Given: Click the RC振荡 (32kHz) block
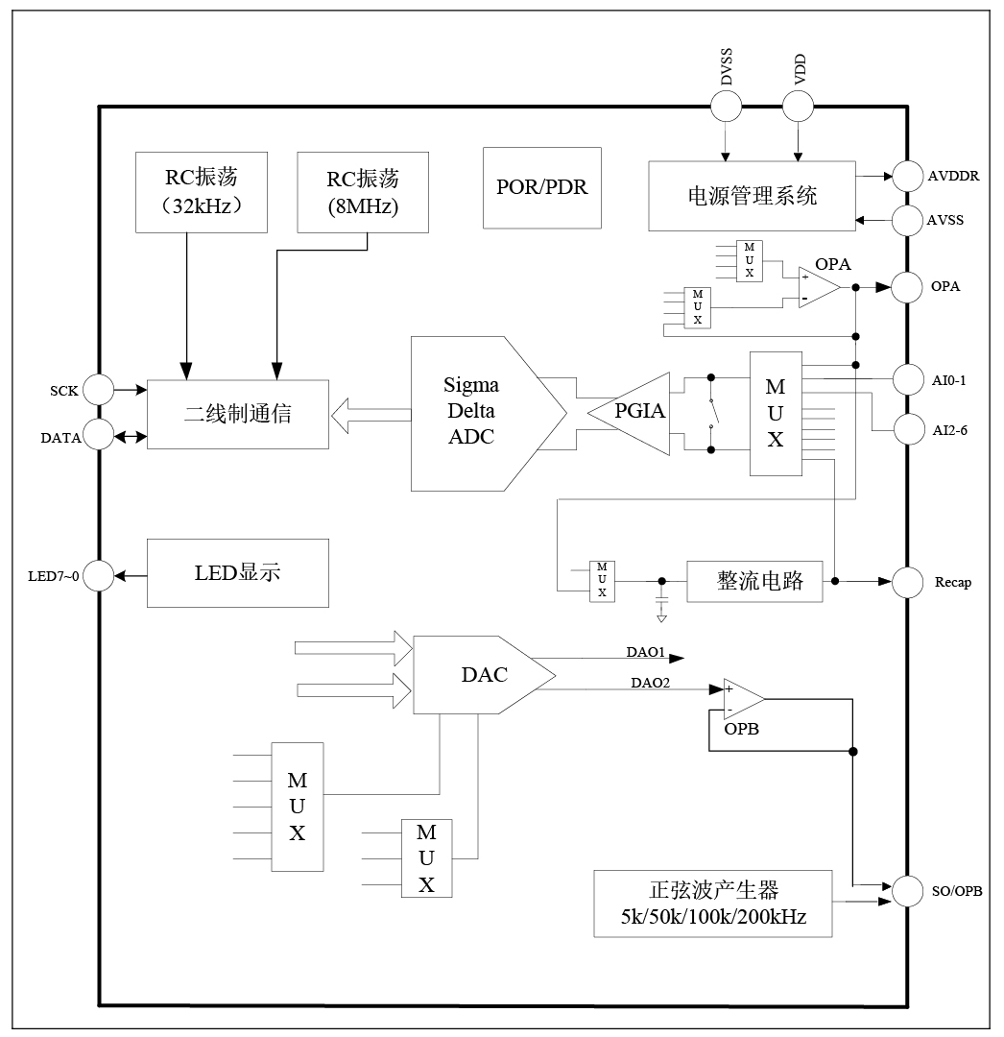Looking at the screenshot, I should [x=202, y=191].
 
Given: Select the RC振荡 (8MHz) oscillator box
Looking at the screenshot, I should [x=363, y=191].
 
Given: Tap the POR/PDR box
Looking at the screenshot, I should [x=541, y=187].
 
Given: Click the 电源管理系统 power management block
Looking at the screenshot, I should [x=752, y=196].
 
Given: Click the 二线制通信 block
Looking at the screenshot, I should [x=237, y=414].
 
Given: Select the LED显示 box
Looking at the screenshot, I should [x=237, y=572].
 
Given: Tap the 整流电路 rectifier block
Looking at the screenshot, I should [x=755, y=582].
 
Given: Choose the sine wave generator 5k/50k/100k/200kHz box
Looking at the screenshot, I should [x=712, y=904].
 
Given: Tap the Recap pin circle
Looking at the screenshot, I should [x=908, y=582].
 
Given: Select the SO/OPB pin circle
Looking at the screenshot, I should [x=908, y=891].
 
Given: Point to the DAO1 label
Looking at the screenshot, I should [x=646, y=653].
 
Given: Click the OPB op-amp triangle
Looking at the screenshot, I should [x=742, y=698].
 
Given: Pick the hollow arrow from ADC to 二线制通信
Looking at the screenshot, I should [x=370, y=415].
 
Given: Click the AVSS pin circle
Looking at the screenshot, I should [x=908, y=221].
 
